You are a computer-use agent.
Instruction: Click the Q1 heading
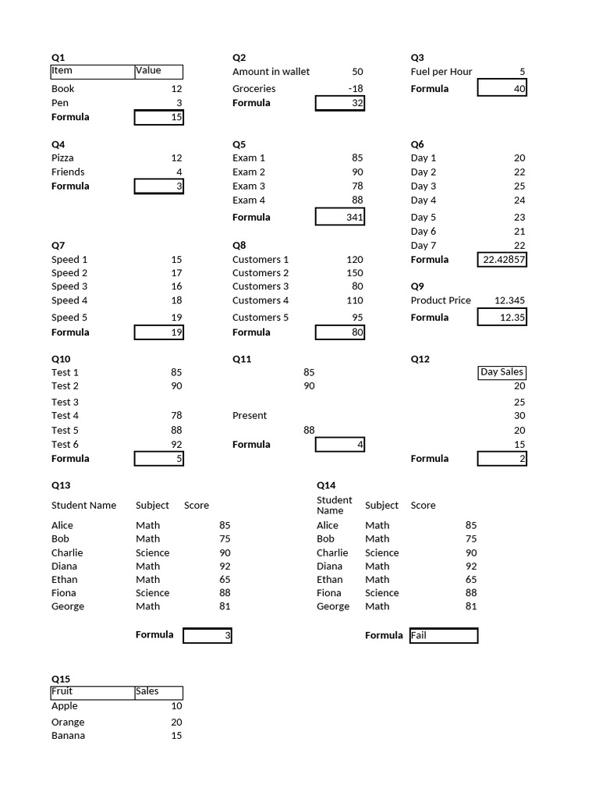coord(58,57)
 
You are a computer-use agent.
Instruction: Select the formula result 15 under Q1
coord(159,117)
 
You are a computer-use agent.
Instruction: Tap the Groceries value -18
coord(355,89)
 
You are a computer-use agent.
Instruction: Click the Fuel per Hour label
coord(441,72)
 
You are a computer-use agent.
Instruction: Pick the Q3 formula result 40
coord(502,89)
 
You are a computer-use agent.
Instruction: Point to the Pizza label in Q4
coord(63,158)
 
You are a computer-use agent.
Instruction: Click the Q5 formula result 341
coord(340,217)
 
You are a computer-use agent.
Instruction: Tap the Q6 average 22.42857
coord(502,259)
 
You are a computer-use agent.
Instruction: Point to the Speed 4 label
coord(69,300)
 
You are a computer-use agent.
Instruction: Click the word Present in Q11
coord(250,416)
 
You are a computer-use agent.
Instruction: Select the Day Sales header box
coord(502,372)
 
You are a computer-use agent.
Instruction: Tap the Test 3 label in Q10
coord(65,403)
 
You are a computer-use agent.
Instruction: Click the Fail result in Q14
coord(443,635)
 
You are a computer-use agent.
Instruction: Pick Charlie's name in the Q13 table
coord(67,552)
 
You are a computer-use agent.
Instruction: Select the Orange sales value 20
coord(176,723)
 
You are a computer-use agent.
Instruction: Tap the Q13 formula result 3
coord(207,635)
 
